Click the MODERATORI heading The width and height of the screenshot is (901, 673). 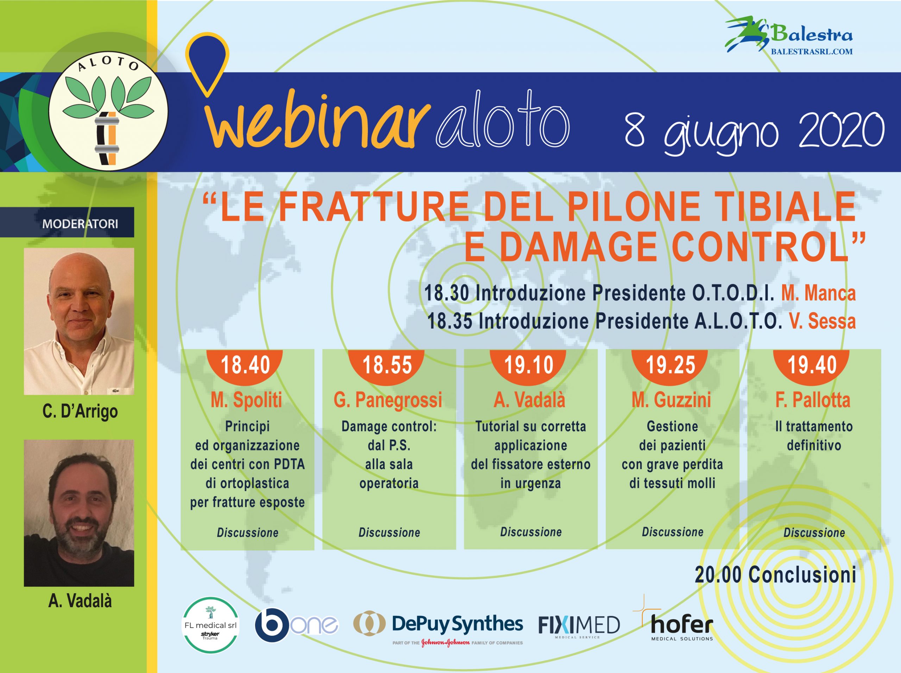click(80, 224)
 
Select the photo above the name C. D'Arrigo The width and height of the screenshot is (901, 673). click(79, 321)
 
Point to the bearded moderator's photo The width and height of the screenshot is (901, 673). click(79, 513)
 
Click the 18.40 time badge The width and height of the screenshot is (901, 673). click(245, 365)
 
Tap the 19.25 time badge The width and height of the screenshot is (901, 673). click(670, 365)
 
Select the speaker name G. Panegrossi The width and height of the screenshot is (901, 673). click(388, 400)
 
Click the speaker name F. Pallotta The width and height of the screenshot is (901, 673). click(813, 400)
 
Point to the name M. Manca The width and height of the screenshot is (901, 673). click(818, 293)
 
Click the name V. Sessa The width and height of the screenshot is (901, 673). click(823, 321)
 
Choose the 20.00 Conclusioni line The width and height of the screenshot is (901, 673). click(776, 575)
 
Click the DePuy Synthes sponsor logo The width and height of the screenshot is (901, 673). click(438, 628)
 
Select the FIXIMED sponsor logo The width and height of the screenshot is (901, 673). click(579, 626)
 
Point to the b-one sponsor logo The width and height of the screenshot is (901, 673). click(296, 625)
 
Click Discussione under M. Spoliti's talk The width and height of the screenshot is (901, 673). click(248, 533)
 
